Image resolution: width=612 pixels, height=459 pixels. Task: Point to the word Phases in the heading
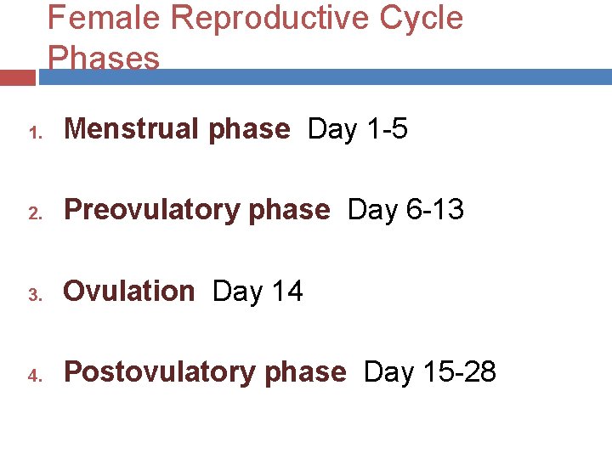pos(104,58)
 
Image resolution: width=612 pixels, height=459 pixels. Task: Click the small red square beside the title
pos(17,77)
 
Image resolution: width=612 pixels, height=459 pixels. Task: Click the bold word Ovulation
pos(129,291)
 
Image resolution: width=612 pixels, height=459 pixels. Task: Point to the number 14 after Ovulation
pos(286,291)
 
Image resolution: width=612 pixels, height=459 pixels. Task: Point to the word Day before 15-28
pos(387,372)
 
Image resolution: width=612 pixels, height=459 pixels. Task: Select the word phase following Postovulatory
pos(305,372)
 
